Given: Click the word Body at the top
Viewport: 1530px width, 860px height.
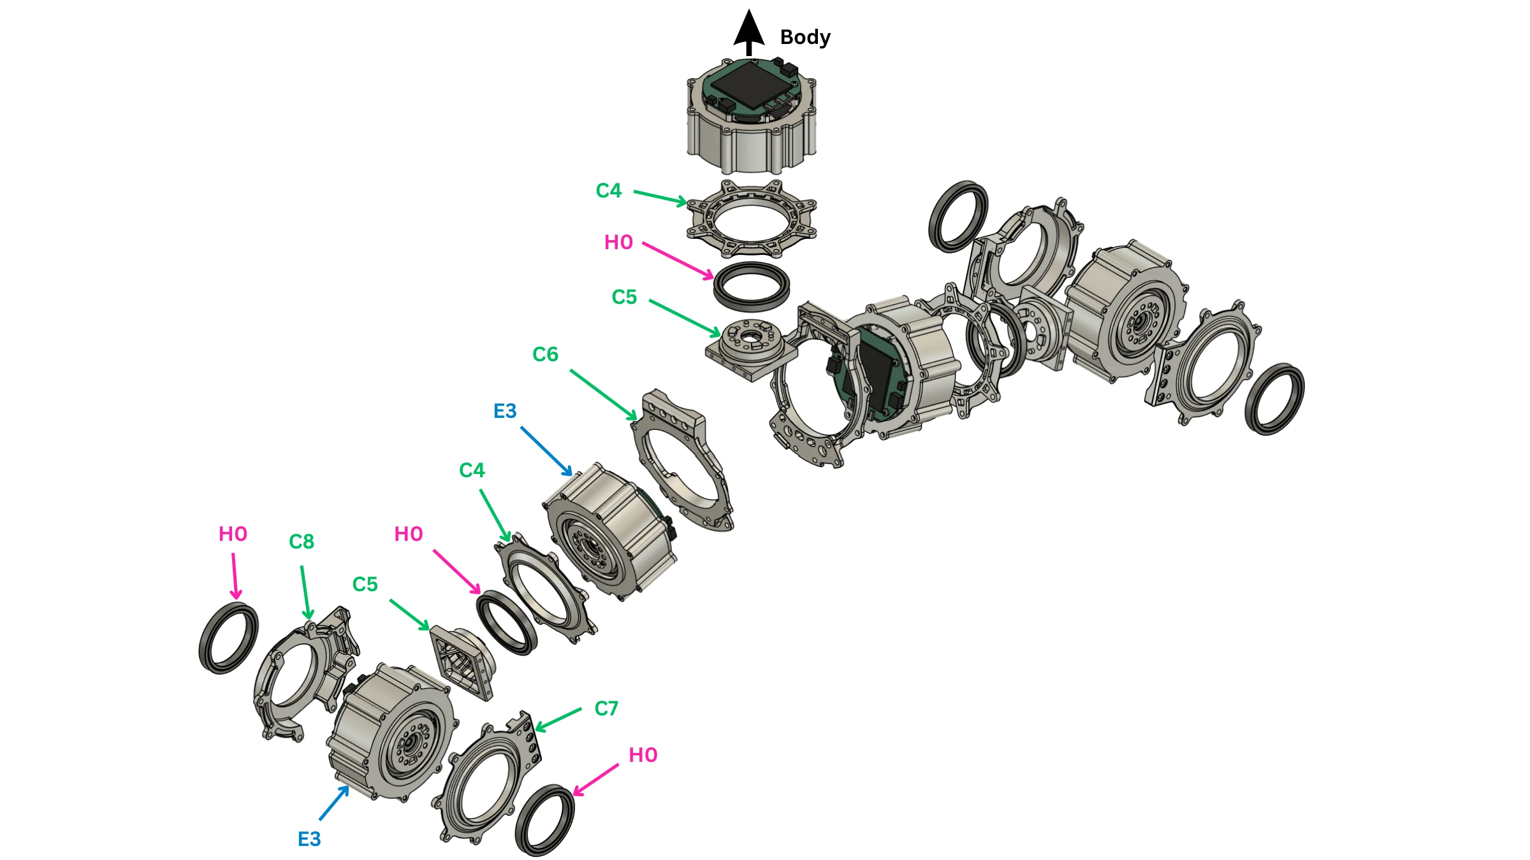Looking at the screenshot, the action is [x=805, y=38].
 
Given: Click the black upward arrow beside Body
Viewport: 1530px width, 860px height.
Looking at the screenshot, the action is [x=749, y=32].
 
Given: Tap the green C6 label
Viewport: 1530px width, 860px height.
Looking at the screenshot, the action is [x=545, y=354].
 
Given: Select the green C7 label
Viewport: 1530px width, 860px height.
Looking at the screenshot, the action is [x=606, y=708].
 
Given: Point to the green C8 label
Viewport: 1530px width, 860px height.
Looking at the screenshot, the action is [x=302, y=541].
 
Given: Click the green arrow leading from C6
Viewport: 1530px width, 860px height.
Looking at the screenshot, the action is [x=603, y=395].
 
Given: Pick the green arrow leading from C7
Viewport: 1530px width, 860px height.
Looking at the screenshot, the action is [x=558, y=719].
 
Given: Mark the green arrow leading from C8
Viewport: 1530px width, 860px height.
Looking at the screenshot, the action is [x=306, y=592].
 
